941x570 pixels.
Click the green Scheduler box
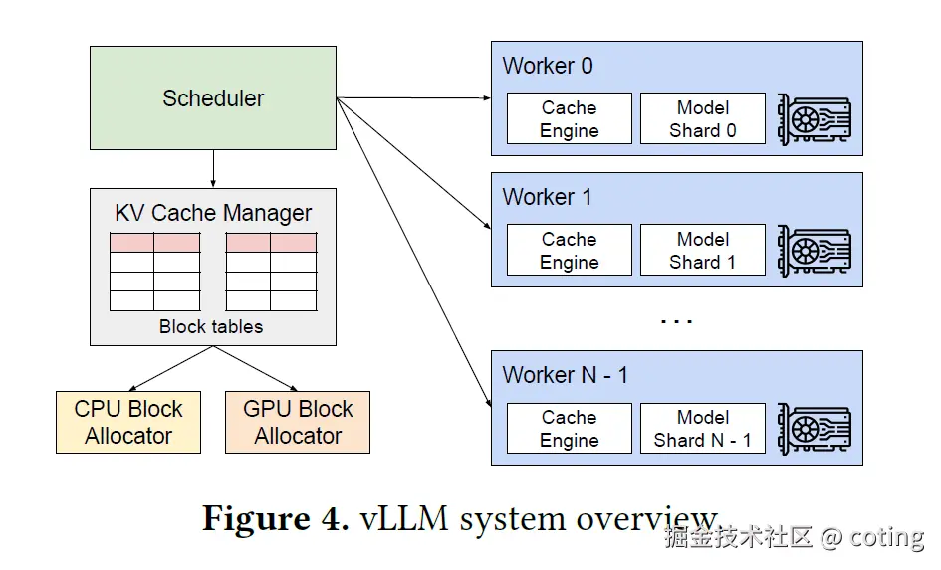(213, 97)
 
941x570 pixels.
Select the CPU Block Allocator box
(128, 422)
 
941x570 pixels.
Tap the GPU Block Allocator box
(298, 422)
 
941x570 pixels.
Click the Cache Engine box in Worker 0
(570, 118)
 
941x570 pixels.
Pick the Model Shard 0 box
(703, 118)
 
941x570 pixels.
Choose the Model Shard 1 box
(703, 250)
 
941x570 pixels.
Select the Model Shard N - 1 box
(703, 428)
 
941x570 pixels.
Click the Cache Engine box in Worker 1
(570, 250)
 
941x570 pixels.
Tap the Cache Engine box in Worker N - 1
(570, 428)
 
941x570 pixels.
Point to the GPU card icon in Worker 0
(815, 119)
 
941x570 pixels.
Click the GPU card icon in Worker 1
(815, 251)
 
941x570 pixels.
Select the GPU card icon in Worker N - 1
(815, 429)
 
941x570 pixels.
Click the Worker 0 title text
(548, 66)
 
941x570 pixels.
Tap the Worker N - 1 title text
(566, 375)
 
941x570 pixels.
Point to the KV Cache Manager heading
(213, 213)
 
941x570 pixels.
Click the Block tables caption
(211, 326)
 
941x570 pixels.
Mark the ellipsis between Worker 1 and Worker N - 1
(676, 322)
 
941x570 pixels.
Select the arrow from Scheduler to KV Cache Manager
(213, 168)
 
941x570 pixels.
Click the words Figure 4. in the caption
(276, 518)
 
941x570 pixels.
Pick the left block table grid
(154, 272)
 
